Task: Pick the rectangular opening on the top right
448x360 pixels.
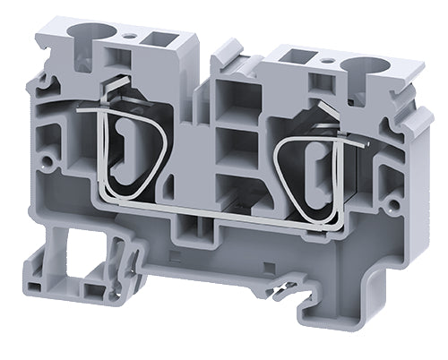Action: pyautogui.click(x=294, y=57)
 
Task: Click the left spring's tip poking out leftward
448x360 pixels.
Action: pyautogui.click(x=82, y=111)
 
